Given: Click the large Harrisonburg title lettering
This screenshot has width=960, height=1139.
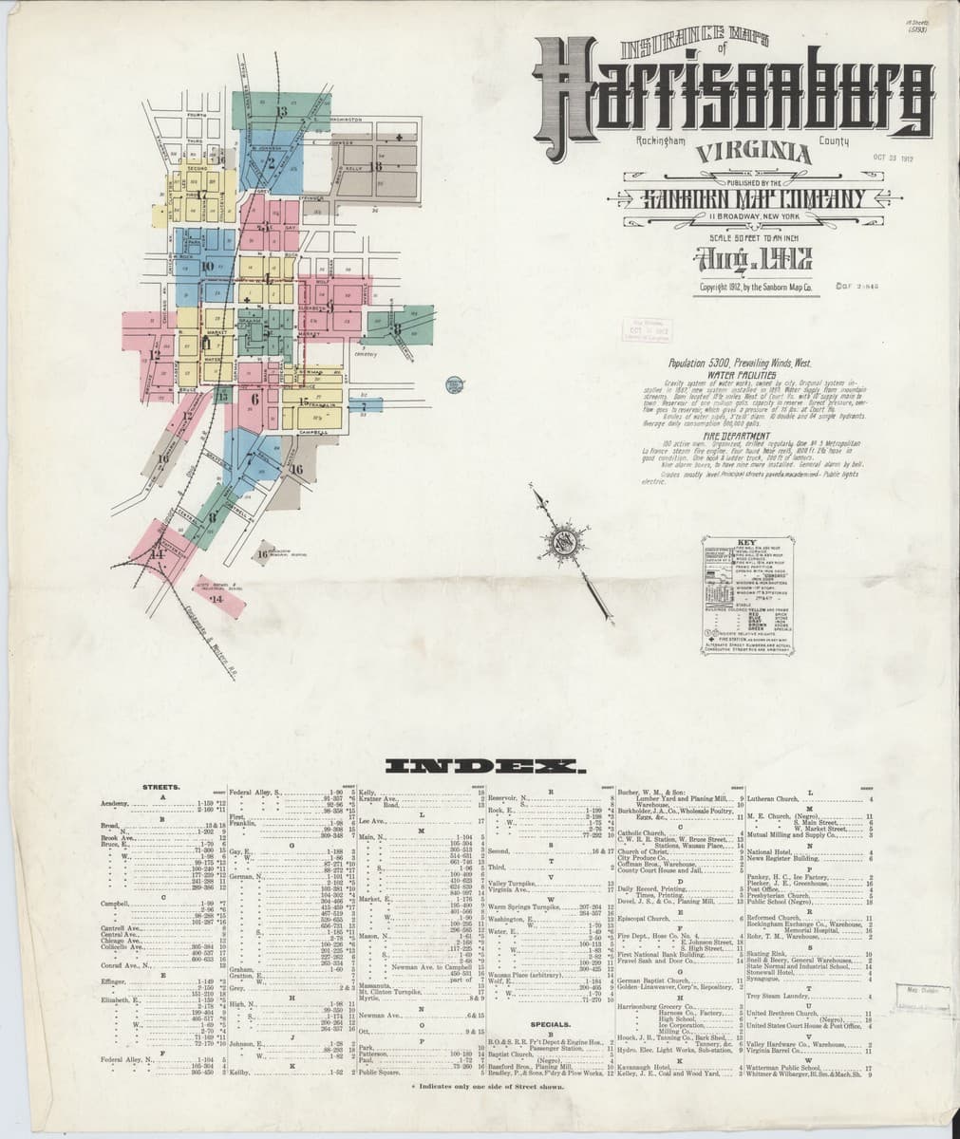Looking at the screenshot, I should coord(731,96).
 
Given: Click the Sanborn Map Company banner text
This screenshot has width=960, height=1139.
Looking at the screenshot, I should coord(740,197).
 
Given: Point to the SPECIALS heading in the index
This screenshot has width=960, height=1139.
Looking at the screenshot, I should coord(550,1025).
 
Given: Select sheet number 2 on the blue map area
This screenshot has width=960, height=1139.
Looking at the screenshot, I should coord(270,162).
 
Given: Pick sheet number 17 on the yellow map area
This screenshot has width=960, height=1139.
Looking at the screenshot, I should coord(202,195).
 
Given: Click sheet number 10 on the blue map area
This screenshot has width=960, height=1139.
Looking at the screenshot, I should coord(207,267).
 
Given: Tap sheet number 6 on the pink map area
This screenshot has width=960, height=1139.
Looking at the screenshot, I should coord(255,400).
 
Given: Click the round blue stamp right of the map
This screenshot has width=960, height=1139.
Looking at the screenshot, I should coord(452,385).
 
